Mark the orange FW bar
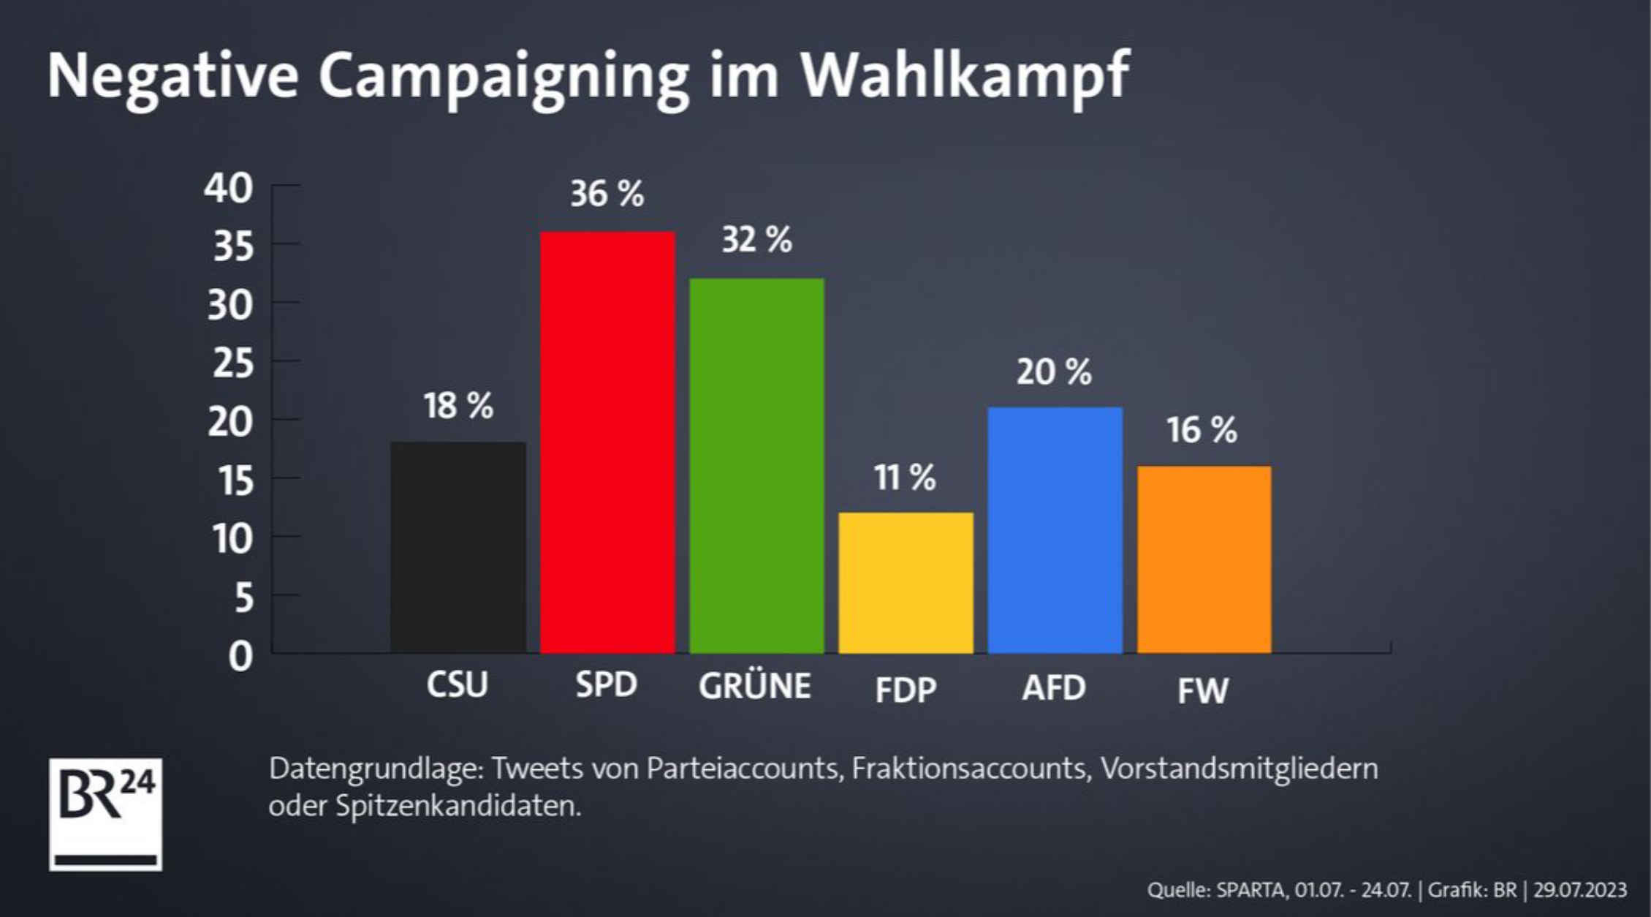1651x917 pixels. [1204, 559]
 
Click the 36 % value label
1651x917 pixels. [607, 195]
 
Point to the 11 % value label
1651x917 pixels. [905, 478]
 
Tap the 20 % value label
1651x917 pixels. [1054, 372]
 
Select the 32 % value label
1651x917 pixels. [756, 240]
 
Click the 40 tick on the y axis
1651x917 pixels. [228, 189]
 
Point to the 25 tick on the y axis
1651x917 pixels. [232, 363]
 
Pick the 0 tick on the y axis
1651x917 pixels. [240, 657]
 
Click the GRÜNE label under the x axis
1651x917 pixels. [754, 686]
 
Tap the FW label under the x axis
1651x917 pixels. [1203, 691]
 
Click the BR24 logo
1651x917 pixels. [106, 814]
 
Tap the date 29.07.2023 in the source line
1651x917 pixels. [1580, 890]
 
